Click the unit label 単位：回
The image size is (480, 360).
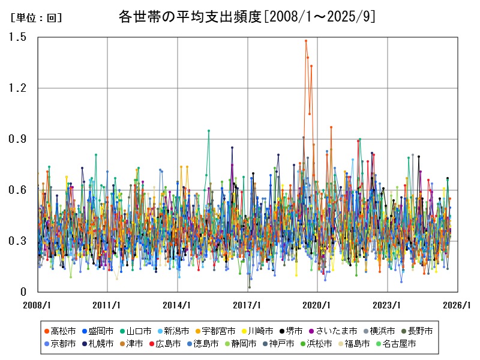(x=36, y=18)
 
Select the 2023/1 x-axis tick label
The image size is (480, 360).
(x=388, y=305)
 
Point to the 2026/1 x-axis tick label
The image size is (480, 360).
(x=457, y=305)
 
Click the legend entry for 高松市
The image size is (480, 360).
(x=59, y=331)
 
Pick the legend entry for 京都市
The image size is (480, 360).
(x=59, y=344)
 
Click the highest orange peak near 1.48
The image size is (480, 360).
(x=306, y=41)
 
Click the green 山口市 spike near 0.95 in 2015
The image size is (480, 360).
(x=209, y=130)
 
